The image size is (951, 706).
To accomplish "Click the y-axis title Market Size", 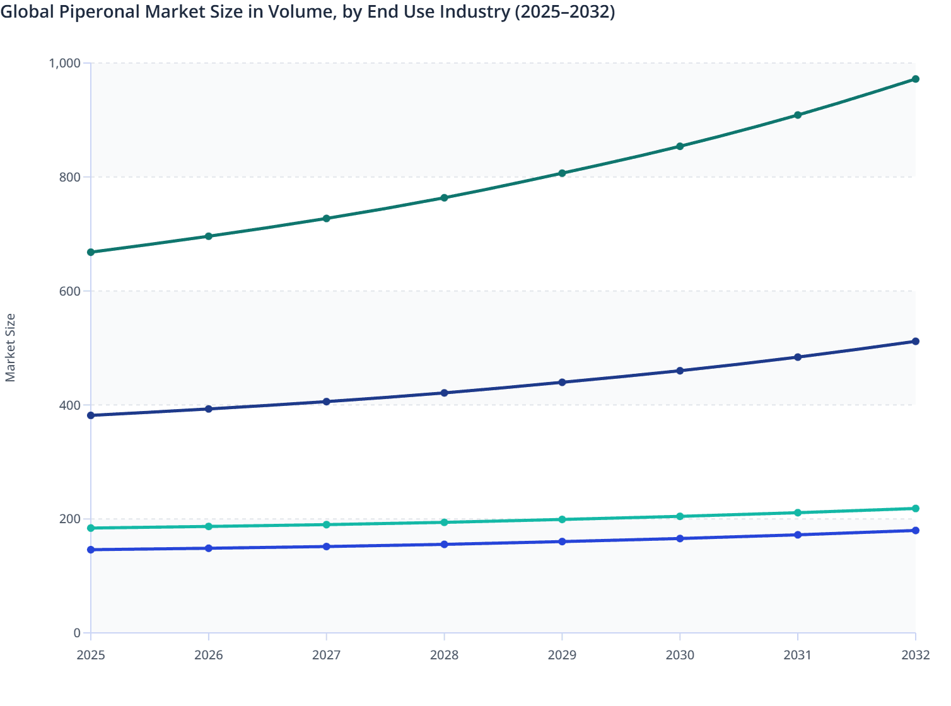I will [10, 347].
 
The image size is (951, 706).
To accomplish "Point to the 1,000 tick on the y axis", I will [64, 63].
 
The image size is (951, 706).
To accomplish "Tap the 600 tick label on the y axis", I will [70, 291].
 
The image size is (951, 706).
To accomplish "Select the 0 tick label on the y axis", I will [77, 633].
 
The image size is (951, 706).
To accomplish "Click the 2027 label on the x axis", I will [326, 655].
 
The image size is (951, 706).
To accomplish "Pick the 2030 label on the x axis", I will [680, 655].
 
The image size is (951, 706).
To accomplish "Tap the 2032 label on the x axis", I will [915, 655].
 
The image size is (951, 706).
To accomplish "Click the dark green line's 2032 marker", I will [915, 79].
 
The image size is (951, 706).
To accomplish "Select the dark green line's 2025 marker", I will [91, 252].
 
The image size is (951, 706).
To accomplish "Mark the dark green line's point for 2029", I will [562, 173].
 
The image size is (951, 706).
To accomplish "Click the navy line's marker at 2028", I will [444, 393].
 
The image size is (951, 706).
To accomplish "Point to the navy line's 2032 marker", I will [915, 342].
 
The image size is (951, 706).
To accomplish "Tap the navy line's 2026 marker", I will [209, 409].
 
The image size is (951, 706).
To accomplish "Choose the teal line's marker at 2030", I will [680, 516].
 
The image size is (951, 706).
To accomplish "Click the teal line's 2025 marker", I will [91, 528].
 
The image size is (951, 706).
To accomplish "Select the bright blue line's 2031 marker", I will [798, 535].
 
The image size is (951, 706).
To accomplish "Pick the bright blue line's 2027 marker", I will [326, 547].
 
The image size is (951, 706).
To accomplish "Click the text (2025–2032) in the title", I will [564, 12].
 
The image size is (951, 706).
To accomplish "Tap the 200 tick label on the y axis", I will [70, 519].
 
